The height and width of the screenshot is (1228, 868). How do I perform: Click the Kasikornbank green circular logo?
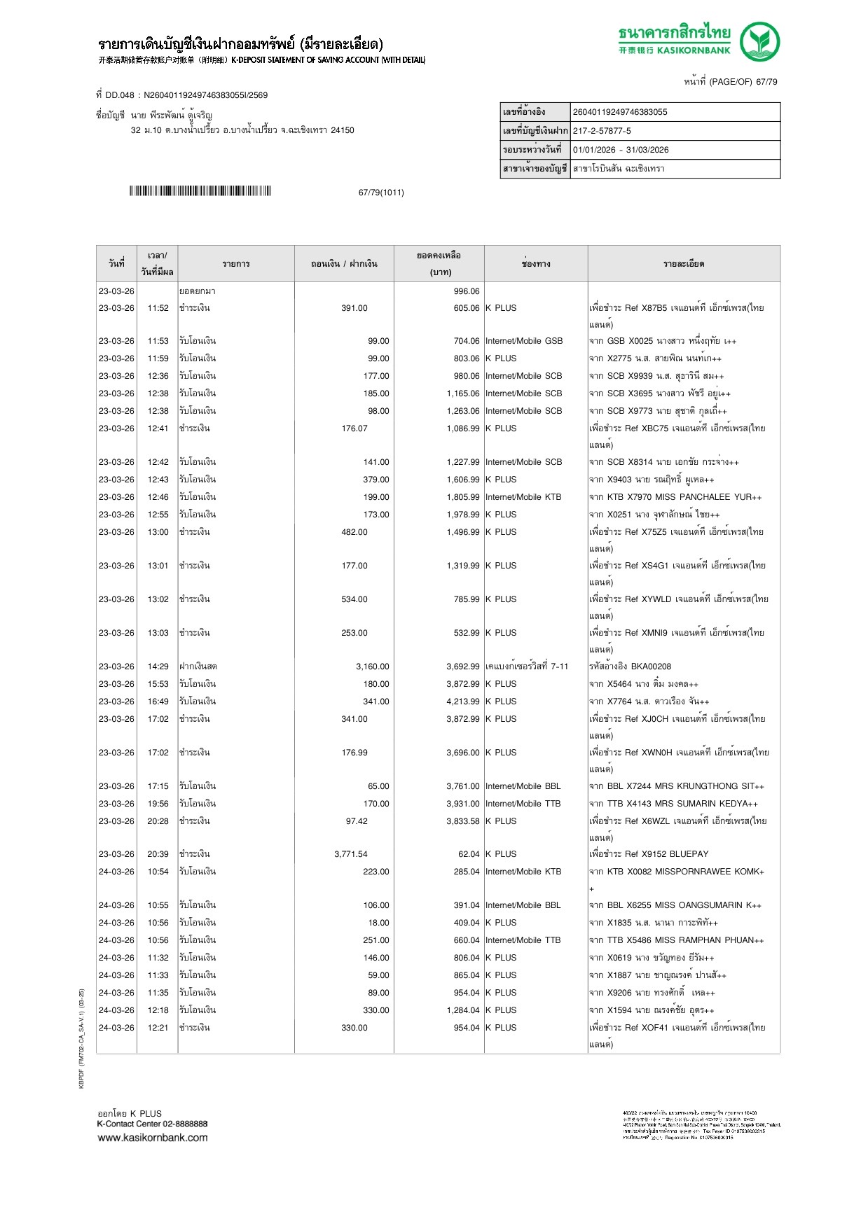(759, 41)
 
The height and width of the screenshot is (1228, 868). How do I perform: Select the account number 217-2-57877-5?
(602, 131)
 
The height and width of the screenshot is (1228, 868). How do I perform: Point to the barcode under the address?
(200, 191)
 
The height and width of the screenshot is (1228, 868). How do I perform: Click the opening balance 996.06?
(467, 291)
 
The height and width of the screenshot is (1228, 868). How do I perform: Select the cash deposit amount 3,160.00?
(372, 667)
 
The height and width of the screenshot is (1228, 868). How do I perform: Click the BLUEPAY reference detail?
(649, 854)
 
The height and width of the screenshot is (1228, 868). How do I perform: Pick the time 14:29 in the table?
(158, 667)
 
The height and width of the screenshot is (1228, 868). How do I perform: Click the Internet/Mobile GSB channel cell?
(524, 341)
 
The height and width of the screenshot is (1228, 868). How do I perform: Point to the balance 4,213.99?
(463, 702)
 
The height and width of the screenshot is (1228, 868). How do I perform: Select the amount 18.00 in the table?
(378, 923)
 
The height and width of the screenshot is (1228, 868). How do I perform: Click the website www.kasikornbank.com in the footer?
(153, 1137)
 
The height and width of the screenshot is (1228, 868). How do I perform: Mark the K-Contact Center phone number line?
(152, 1124)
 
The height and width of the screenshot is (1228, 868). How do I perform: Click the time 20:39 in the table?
(158, 854)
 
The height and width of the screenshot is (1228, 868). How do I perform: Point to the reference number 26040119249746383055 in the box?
(620, 112)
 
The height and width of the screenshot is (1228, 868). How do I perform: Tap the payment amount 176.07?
(354, 428)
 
